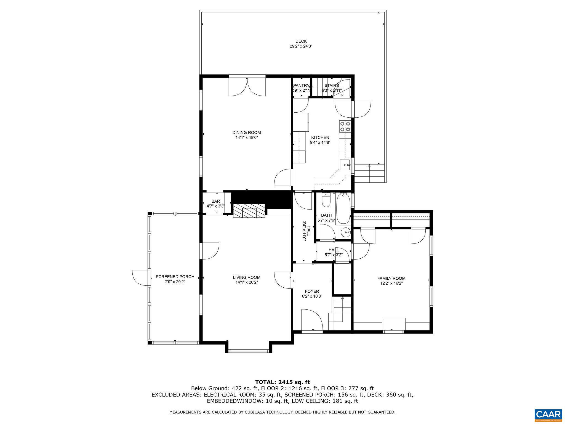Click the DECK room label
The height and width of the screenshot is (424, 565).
coord(301,41)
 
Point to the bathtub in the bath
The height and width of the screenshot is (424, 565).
coord(343,209)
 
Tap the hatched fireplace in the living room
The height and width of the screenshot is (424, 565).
coord(249,211)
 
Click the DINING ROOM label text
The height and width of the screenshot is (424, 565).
coord(246,132)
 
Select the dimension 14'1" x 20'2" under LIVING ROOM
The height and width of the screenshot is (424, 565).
coord(246,282)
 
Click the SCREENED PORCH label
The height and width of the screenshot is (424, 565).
coord(175,277)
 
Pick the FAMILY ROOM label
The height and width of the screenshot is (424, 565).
coord(391,278)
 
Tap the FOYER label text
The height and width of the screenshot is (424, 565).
coord(312,291)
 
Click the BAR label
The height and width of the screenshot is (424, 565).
coord(215,201)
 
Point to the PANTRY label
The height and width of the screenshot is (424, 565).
coord(301,86)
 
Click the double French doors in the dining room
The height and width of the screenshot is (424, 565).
coord(247,87)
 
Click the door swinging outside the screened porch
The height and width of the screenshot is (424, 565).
coord(141,278)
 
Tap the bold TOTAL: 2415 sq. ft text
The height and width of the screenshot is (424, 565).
coord(282,382)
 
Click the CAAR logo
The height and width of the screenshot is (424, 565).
coord(548,415)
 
